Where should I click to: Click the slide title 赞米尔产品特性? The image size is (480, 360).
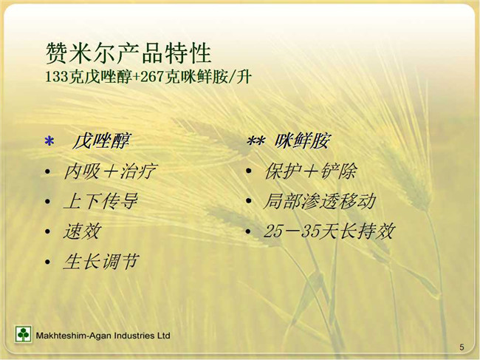pyautogui.click(x=128, y=53)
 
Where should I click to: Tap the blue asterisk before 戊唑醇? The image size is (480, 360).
pyautogui.click(x=49, y=141)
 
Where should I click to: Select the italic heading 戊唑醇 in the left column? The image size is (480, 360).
pyautogui.click(x=101, y=141)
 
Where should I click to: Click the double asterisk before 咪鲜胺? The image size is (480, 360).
pyautogui.click(x=256, y=141)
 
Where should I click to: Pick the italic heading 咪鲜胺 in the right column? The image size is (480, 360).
pyautogui.click(x=302, y=141)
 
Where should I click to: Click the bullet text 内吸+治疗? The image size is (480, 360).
pyautogui.click(x=110, y=171)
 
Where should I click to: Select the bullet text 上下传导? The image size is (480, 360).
pyautogui.click(x=100, y=201)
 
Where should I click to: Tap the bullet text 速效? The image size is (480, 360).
pyautogui.click(x=82, y=231)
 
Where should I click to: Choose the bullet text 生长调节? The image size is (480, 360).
pyautogui.click(x=101, y=262)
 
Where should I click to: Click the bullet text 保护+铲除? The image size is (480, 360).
pyautogui.click(x=310, y=171)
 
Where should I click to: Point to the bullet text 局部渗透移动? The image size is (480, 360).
pyautogui.click(x=320, y=201)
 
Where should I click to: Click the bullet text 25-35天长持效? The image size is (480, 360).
pyautogui.click(x=329, y=231)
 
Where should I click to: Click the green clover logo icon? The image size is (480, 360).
pyautogui.click(x=23, y=334)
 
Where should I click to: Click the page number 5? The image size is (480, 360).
pyautogui.click(x=462, y=347)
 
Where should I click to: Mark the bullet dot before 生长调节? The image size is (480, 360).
pyautogui.click(x=47, y=262)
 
